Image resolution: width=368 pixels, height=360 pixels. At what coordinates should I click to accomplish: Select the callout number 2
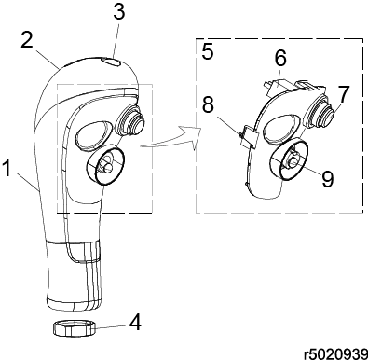click(x=27, y=39)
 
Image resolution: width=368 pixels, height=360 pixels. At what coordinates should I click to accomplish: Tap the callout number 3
click(x=119, y=11)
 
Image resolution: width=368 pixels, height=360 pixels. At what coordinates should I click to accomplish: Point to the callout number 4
click(x=135, y=322)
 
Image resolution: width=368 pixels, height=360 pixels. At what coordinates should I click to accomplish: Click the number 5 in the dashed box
click(x=208, y=51)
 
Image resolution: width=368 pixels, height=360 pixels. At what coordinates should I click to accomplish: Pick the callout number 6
click(x=280, y=58)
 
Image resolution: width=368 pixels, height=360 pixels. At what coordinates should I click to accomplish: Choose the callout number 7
click(x=343, y=93)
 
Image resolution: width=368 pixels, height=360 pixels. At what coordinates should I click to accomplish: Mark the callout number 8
click(x=208, y=104)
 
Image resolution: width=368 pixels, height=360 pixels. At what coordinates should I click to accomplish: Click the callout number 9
click(x=327, y=179)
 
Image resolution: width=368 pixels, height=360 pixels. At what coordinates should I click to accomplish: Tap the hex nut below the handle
click(x=75, y=328)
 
